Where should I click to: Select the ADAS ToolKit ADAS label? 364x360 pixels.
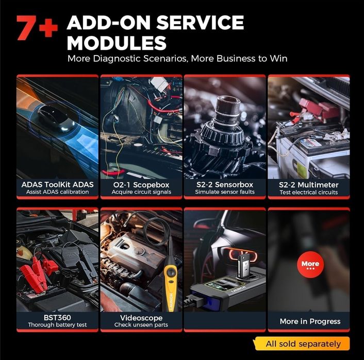coord(57,184)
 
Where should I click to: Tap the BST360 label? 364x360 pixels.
coord(57,317)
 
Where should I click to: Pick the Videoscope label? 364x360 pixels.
coord(141,317)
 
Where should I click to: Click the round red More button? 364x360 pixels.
coord(310,265)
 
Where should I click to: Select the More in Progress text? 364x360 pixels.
coord(310,321)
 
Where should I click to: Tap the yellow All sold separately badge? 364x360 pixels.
coord(303,344)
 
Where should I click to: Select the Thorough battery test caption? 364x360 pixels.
coord(57,325)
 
